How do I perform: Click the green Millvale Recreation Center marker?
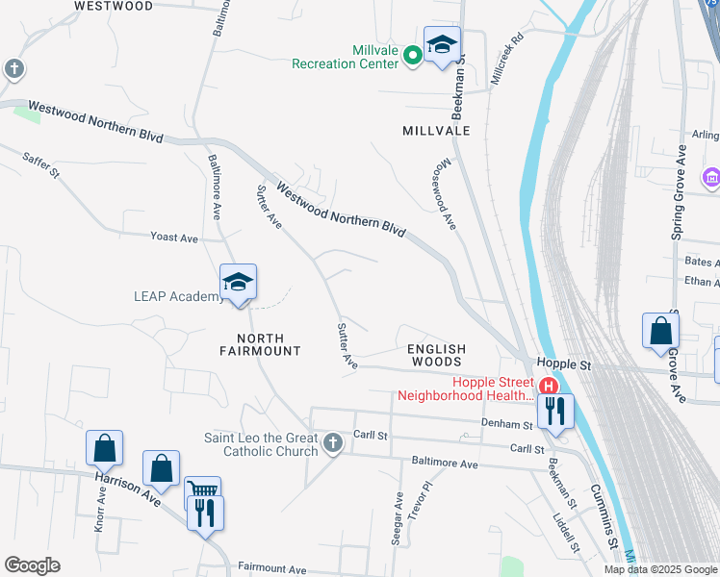pyautogui.click(x=412, y=55)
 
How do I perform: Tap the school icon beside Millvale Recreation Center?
pyautogui.click(x=443, y=44)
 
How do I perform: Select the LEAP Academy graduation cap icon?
pyautogui.click(x=238, y=282)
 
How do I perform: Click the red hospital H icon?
pyautogui.click(x=549, y=387)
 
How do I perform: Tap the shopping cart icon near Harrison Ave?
pyautogui.click(x=202, y=493)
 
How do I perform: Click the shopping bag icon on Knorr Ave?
pyautogui.click(x=104, y=448)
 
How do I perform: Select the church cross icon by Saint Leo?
pyautogui.click(x=333, y=443)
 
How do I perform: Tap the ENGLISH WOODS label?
pyautogui.click(x=436, y=355)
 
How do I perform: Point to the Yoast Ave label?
pyautogui.click(x=174, y=238)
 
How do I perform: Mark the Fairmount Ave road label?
pyautogui.click(x=271, y=568)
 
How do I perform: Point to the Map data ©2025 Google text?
pyautogui.click(x=660, y=569)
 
